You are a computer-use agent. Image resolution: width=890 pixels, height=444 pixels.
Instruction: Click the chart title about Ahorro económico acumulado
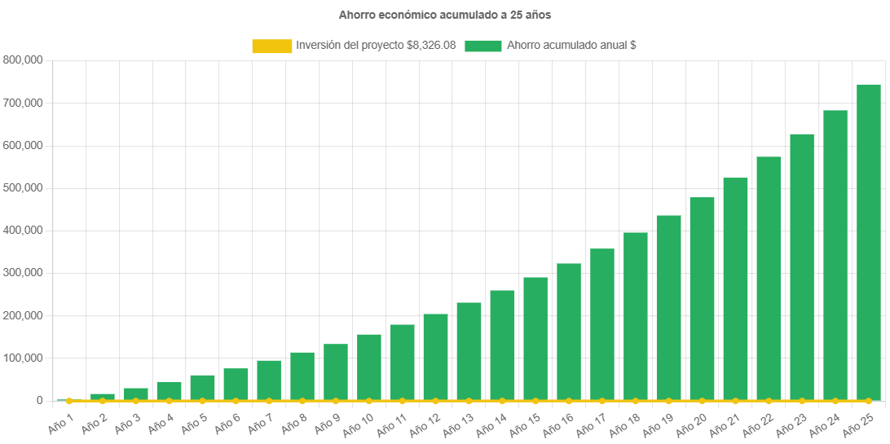tap(445, 15)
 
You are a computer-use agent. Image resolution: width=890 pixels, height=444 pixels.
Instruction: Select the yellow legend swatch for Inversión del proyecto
tap(271, 46)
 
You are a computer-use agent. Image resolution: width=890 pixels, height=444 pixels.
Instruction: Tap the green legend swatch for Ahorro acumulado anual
tap(482, 46)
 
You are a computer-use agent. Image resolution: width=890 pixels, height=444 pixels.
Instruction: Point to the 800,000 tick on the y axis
tap(24, 60)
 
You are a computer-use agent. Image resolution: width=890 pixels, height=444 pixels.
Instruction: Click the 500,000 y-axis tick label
tap(24, 188)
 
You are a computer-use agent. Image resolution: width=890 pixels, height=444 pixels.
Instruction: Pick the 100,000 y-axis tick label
tap(24, 358)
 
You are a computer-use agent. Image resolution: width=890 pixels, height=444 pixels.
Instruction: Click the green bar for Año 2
tap(103, 397)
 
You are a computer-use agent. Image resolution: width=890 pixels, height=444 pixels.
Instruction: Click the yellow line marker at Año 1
tap(69, 401)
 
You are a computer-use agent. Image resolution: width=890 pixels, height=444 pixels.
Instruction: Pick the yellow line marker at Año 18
tap(636, 401)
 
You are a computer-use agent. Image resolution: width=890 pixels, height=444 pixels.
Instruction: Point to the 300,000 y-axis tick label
tap(24, 273)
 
